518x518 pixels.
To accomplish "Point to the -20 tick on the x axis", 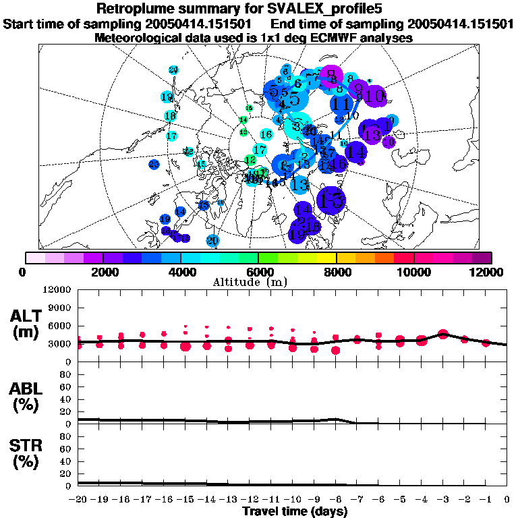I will pyautogui.click(x=78, y=499).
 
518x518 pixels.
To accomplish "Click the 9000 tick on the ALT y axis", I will pyautogui.click(x=59, y=308).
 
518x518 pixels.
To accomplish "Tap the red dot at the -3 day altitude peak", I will pyautogui.click(x=443, y=334).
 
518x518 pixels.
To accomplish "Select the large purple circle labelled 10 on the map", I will pyautogui.click(x=376, y=95).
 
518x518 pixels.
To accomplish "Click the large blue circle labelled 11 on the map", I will pyautogui.click(x=342, y=105).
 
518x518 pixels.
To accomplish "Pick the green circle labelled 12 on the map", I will pyautogui.click(x=250, y=160).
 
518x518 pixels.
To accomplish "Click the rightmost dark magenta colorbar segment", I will pyautogui.click(x=482, y=258).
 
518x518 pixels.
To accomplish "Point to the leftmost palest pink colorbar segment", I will pyautogui.click(x=35, y=258).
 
